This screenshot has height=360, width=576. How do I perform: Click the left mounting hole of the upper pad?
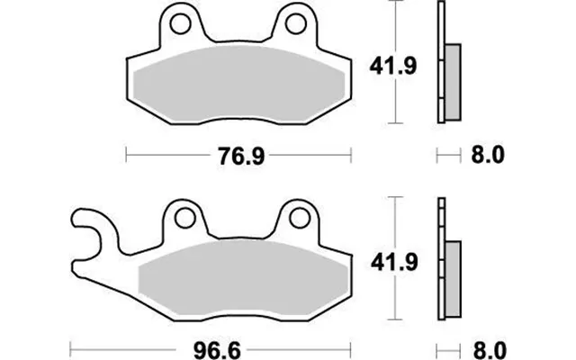coord(180,24)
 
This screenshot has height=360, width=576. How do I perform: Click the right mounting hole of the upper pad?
coord(296,24)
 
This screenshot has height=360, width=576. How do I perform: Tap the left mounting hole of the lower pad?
coord(184,218)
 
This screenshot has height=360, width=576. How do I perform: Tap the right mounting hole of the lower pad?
coord(300,218)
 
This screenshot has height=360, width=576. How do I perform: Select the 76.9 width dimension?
coord(241,156)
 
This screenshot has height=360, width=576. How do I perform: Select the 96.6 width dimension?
coord(217,350)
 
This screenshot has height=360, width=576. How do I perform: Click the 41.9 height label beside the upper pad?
coord(393,67)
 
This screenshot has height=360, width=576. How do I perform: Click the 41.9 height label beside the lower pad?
coord(394,262)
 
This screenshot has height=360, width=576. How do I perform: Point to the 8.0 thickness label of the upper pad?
coord(488,155)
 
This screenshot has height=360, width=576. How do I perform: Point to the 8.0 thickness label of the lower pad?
coord(490,350)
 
